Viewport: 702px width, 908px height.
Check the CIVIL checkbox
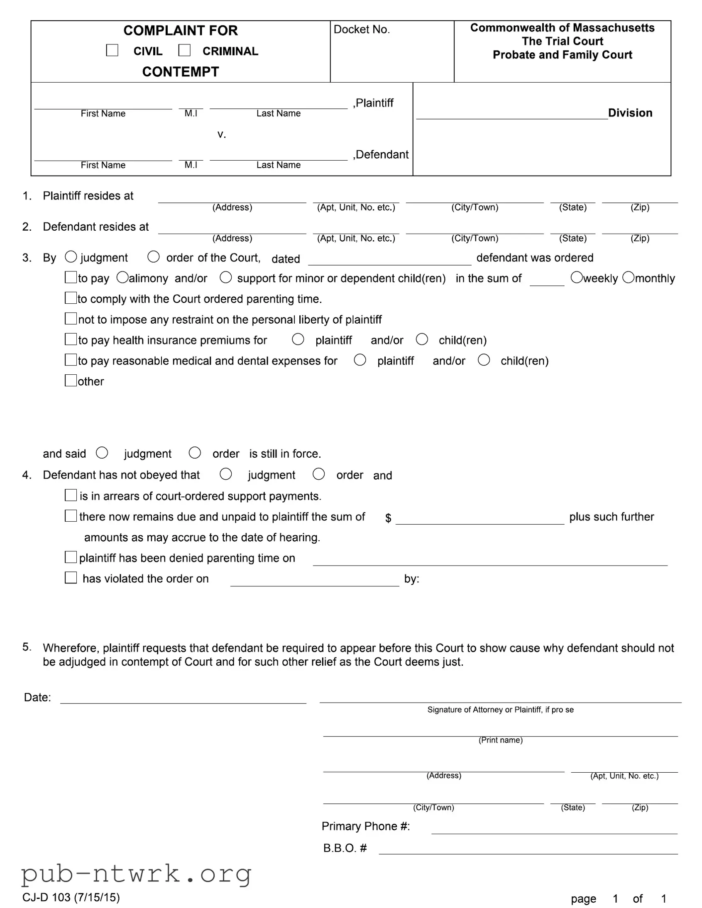(x=112, y=50)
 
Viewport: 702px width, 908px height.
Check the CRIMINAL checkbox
(x=184, y=50)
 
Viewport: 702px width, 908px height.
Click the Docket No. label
(x=362, y=29)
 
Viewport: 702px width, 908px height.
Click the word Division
(x=630, y=112)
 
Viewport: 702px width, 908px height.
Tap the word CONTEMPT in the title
(x=181, y=71)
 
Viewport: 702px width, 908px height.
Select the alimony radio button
(x=122, y=277)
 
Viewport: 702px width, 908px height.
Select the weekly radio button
(x=576, y=277)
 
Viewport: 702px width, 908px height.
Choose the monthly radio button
(x=629, y=277)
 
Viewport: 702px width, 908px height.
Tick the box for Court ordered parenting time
(x=71, y=298)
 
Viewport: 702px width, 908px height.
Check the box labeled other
(x=71, y=381)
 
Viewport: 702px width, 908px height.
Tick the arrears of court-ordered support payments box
(x=71, y=495)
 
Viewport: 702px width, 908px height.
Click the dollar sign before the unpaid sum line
(x=388, y=518)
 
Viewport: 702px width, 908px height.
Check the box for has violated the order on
(x=71, y=578)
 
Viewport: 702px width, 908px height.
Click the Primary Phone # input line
(x=554, y=829)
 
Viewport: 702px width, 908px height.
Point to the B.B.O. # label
(x=345, y=848)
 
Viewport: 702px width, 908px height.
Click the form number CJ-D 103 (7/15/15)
(x=71, y=897)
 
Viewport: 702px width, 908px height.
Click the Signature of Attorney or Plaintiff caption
(x=500, y=710)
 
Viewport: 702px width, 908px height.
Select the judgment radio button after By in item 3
(x=71, y=257)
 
